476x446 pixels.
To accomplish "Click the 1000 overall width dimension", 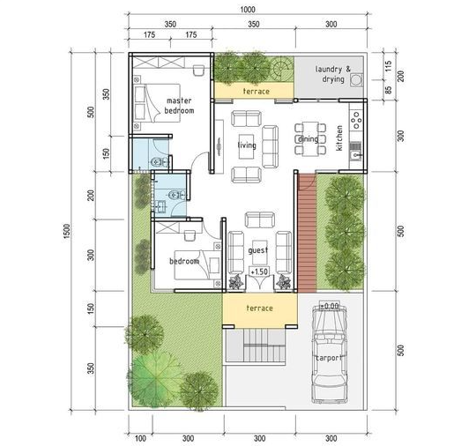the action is [x=248, y=10].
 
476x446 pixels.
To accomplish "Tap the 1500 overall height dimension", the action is [x=67, y=231].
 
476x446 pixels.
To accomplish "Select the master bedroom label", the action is [x=179, y=106].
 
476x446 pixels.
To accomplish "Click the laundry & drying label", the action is [x=332, y=74].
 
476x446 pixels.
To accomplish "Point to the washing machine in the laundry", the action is [x=356, y=80].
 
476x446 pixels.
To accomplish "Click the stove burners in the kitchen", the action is [x=356, y=120].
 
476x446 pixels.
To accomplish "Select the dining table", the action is [x=310, y=138].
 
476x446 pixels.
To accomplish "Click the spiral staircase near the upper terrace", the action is [x=282, y=69].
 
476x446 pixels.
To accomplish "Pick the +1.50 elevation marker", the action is [x=259, y=271].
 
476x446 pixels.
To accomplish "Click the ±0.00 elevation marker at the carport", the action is [x=330, y=306].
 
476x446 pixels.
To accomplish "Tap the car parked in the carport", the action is [x=330, y=353].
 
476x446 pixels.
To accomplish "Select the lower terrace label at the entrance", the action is [x=259, y=308].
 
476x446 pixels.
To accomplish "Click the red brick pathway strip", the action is [x=307, y=233].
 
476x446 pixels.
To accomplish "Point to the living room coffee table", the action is [x=247, y=146].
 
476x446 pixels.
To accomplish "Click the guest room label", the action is [x=258, y=250].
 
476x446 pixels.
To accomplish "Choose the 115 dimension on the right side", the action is [x=388, y=66].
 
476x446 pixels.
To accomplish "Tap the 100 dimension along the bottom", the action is [x=140, y=438].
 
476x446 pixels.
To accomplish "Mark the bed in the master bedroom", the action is [x=157, y=103].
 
